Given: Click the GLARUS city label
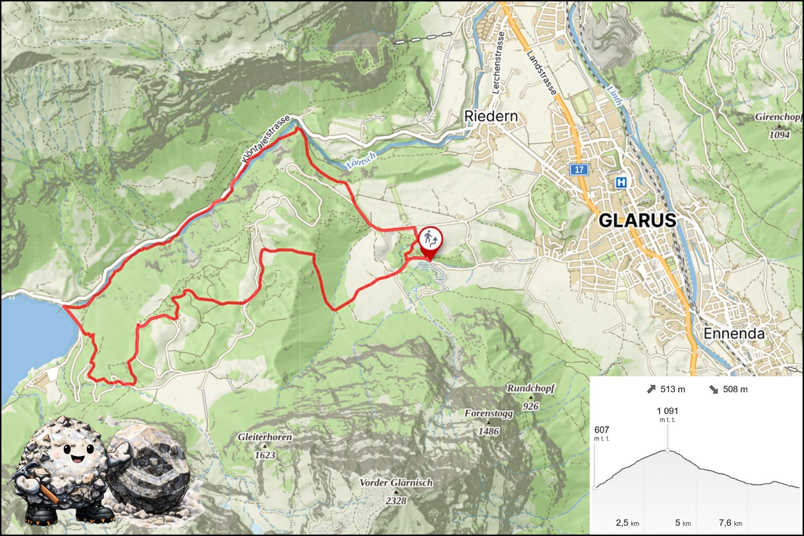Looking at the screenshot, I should pos(637,221).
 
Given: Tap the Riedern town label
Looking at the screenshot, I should pos(490,117).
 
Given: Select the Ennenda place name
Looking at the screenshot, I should pos(734,334).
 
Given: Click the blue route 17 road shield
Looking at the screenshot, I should pos(579,170).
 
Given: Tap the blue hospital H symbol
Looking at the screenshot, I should pos(621,182).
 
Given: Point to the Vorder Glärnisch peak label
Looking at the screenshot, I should pos(396,483).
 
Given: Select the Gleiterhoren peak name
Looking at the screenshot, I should pos(265,437).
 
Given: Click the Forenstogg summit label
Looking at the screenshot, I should pos(488,413).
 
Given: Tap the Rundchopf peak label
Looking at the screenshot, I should pos(530,388).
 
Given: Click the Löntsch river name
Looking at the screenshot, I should pos(361,161).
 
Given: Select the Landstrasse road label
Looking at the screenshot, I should pos(542,73).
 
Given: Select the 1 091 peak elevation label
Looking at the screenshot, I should pos(667,411).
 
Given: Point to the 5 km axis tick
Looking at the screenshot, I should pos(682,523).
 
